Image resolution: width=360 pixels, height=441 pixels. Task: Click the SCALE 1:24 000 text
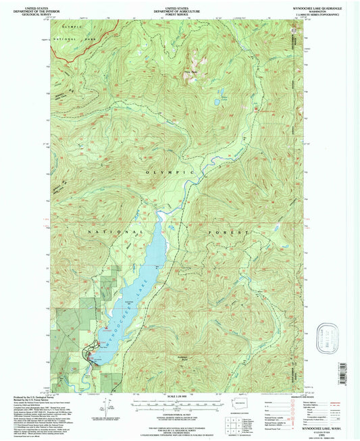178,397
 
